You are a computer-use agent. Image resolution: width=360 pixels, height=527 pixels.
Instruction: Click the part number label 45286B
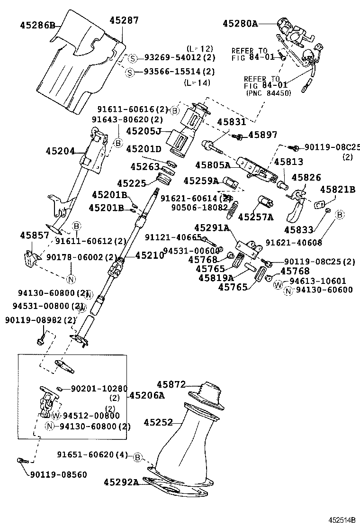(x=37, y=25)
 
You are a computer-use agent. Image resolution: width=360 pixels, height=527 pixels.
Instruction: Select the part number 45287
(x=124, y=20)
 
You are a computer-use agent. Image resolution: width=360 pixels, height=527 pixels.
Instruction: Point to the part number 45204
(x=60, y=151)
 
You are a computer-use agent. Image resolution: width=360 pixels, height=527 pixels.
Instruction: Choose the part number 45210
(x=150, y=255)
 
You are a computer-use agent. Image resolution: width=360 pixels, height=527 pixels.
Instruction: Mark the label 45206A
(x=147, y=395)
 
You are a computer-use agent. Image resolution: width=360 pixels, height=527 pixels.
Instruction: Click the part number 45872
(x=171, y=384)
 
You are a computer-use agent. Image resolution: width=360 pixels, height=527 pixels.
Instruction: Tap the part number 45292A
(x=121, y=482)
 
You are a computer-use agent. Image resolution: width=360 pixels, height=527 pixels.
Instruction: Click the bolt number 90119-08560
(x=58, y=474)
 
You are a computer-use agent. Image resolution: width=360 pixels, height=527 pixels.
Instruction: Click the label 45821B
(x=337, y=190)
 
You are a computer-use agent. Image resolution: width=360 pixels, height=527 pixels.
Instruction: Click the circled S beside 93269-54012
(x=133, y=58)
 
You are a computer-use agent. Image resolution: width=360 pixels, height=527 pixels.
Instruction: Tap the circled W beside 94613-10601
(x=278, y=285)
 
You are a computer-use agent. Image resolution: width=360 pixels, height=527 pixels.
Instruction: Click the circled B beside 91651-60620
(x=137, y=457)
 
